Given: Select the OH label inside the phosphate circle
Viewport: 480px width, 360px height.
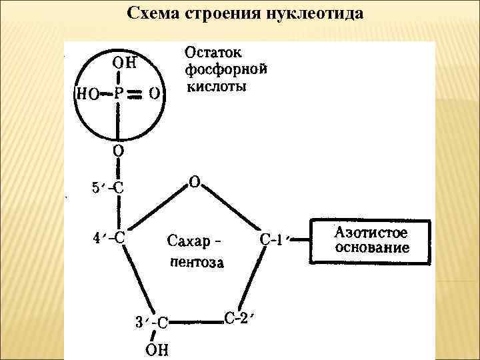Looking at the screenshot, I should point(124,63).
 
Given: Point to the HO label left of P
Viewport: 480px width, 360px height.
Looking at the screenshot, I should point(86,94).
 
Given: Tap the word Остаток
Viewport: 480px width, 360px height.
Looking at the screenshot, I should point(213,52).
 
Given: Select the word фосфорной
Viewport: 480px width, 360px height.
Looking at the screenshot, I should point(225,69).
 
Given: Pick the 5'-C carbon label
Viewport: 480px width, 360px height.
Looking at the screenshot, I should point(107,187).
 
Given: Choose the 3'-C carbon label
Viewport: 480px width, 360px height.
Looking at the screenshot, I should point(151,323).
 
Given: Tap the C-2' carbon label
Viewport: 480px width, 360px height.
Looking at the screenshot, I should point(236,318).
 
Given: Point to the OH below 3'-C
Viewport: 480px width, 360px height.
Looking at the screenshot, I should point(157,349).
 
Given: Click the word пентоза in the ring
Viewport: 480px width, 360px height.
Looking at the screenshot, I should point(197,262).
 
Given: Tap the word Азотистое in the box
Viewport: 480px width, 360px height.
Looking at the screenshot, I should point(371,234).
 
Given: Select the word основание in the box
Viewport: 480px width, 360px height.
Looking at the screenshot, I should point(371,249).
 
